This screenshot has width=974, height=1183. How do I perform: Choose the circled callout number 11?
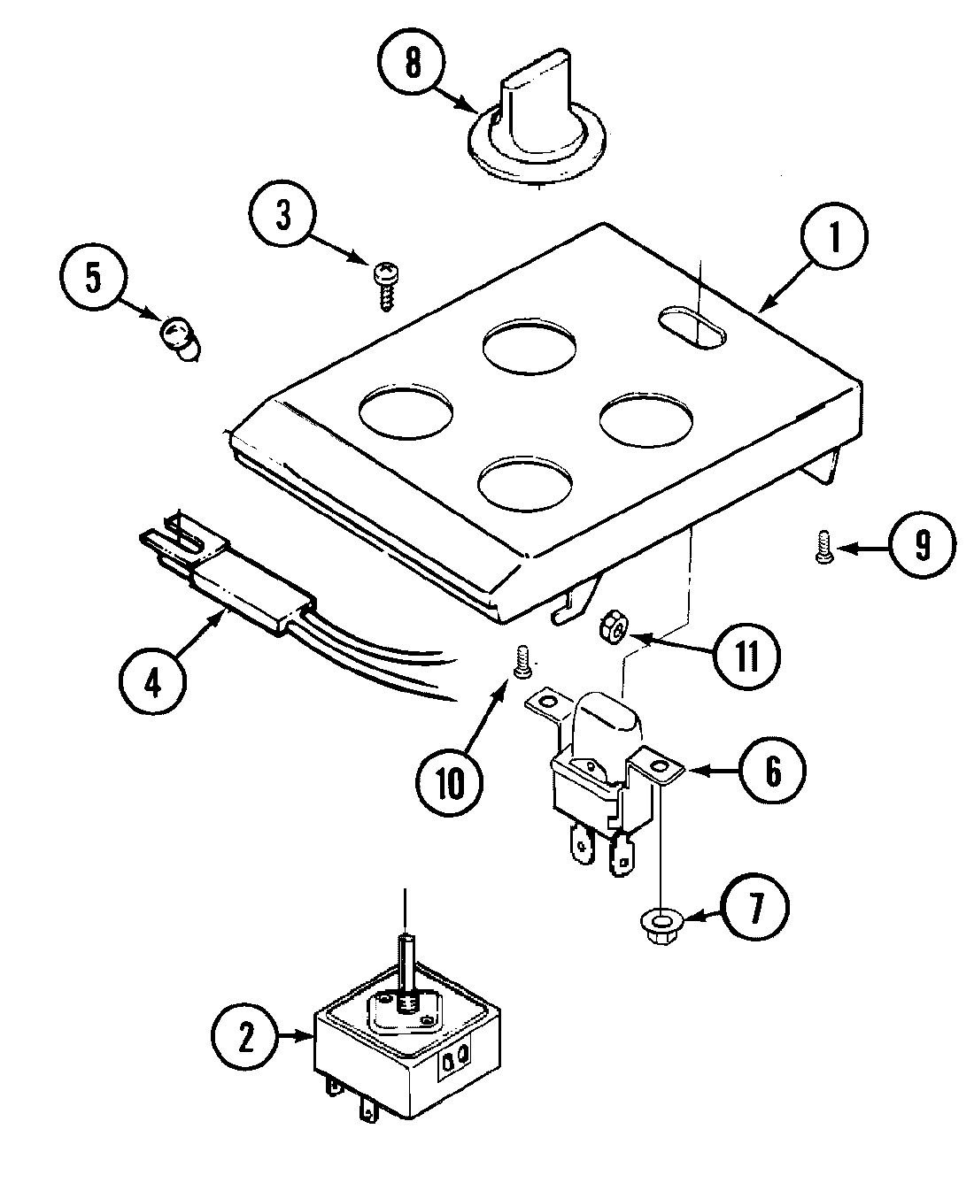pyautogui.click(x=748, y=657)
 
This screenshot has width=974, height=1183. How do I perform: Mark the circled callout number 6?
pyautogui.click(x=773, y=772)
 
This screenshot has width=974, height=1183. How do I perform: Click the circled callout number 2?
pyautogui.click(x=245, y=1037)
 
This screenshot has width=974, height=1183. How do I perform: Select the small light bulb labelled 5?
pyautogui.click(x=180, y=340)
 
